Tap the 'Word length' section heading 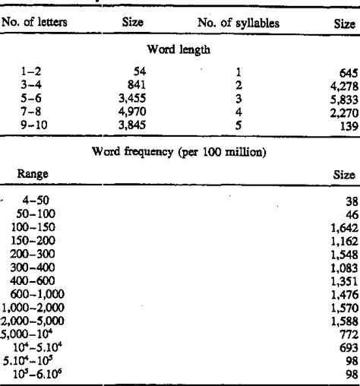tap(179, 50)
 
